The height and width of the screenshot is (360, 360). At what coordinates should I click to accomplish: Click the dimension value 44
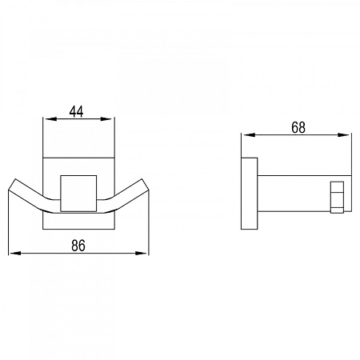(76, 112)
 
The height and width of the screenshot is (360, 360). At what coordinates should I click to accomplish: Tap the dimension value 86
(78, 246)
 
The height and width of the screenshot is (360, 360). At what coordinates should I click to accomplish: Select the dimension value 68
(298, 128)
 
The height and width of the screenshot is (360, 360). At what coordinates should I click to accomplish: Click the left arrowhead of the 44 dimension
(50, 119)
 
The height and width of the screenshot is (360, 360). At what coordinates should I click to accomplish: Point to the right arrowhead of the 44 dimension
(107, 119)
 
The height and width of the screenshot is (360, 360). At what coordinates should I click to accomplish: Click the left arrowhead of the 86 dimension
(15, 253)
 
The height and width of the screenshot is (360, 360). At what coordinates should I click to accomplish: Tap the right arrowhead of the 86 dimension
(142, 253)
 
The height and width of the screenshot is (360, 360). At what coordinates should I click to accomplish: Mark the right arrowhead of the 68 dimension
(344, 135)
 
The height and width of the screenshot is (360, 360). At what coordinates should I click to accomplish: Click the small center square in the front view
(78, 194)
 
